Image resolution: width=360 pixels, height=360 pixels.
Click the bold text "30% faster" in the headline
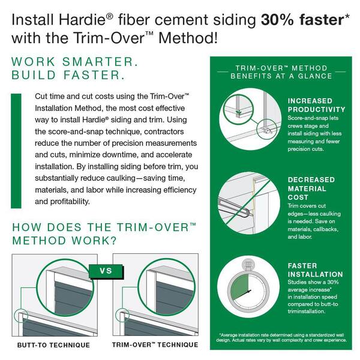click(302, 19)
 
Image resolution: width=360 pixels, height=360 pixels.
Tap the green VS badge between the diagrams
click(106, 271)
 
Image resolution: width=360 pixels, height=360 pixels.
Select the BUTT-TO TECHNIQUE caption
click(53, 345)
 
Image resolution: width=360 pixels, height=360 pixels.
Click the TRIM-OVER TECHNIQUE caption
click(155, 345)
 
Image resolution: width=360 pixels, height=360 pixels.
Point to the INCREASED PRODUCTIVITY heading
click(316, 105)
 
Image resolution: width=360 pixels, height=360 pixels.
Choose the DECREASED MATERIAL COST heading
click(311, 188)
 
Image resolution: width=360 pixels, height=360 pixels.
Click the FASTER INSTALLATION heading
click(315, 270)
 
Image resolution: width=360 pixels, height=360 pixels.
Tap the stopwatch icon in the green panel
click(248, 287)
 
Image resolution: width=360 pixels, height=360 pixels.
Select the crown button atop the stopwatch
click(248, 264)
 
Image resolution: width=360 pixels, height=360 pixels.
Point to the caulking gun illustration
click(234, 206)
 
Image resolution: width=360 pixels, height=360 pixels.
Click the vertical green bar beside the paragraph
click(16, 151)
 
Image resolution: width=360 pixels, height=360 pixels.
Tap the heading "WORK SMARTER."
click(74, 62)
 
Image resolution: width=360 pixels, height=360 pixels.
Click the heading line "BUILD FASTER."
click(68, 75)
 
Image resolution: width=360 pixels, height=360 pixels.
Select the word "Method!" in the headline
click(188, 38)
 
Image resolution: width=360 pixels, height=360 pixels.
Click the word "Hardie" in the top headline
click(82, 19)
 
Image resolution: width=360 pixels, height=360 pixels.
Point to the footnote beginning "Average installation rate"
click(281, 337)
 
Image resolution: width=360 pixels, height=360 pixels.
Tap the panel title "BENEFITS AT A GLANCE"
click(281, 76)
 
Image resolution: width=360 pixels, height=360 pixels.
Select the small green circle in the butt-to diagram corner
click(21, 316)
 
